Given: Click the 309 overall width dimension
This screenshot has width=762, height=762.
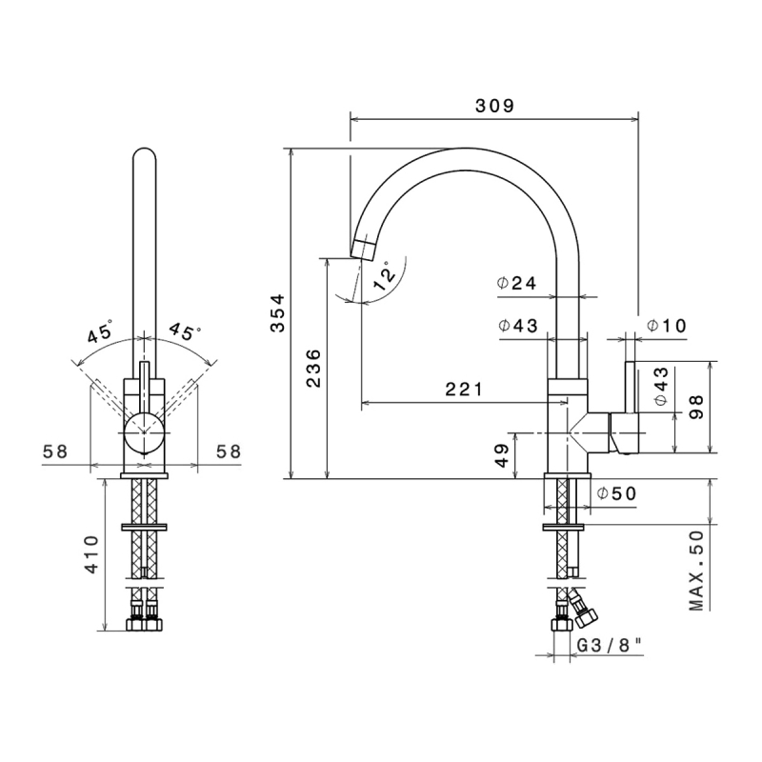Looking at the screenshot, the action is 494,106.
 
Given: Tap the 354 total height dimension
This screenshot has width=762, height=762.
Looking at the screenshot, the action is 278,313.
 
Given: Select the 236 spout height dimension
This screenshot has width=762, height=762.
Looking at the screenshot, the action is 314,368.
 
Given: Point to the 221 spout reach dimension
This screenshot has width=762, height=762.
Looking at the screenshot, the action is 465,389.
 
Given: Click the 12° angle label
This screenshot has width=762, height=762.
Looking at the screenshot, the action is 384,276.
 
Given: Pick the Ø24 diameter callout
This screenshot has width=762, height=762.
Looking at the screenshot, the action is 516,283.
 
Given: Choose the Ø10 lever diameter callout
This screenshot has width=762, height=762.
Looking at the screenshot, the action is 666,325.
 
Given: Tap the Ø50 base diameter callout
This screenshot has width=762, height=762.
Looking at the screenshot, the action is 616,493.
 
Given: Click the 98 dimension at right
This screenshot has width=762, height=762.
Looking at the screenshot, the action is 696,408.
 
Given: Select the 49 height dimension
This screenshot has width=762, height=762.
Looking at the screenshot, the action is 503,455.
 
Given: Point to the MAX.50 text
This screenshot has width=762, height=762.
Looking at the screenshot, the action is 696,570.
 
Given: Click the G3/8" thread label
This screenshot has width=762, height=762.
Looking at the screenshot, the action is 610,646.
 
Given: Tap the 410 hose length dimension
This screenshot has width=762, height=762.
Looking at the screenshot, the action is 92,554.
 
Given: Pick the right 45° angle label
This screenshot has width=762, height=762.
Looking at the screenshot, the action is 186,331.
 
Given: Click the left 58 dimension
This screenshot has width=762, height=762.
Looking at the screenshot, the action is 55,451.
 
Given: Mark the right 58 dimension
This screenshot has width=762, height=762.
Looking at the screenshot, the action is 229,451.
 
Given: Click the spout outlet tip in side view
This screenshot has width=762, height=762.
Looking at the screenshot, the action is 362,250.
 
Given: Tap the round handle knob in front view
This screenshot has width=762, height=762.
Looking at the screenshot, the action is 144,432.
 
